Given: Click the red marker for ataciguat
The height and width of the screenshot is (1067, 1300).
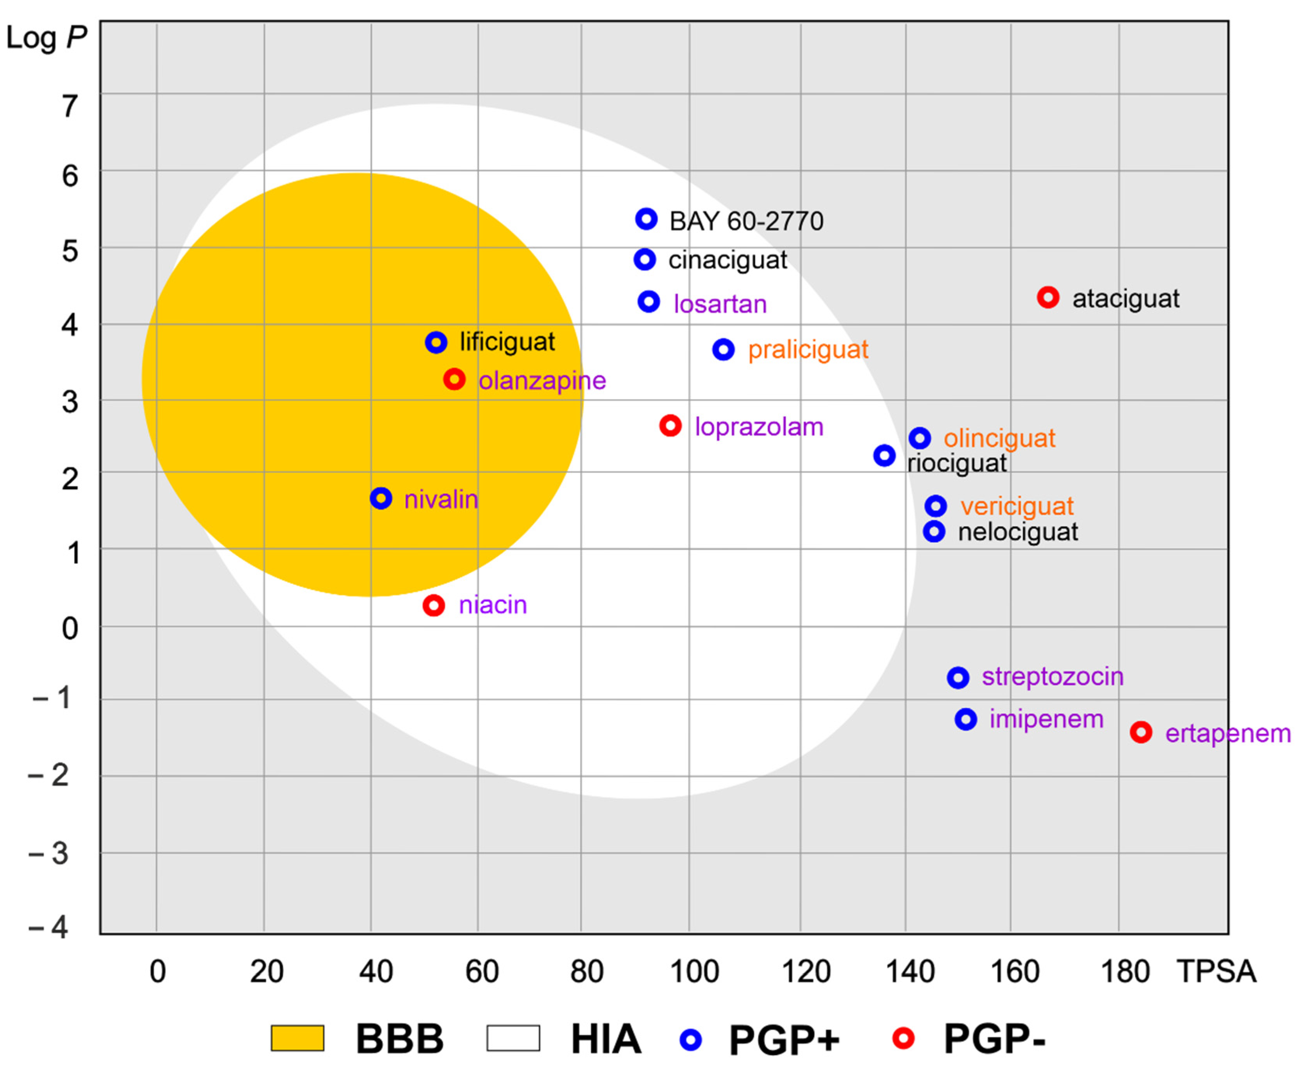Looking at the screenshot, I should [1048, 298].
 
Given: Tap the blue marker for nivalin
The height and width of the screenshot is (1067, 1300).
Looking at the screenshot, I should [381, 498].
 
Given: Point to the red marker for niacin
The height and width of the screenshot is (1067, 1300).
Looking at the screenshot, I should [434, 605].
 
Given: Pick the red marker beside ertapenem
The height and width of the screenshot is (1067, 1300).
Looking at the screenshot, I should [1141, 732].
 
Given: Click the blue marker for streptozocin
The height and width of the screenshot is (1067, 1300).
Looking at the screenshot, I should [958, 677].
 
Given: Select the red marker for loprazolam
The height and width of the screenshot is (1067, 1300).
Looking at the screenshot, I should [671, 425].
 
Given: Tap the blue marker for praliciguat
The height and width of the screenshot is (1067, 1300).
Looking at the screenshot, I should [723, 350].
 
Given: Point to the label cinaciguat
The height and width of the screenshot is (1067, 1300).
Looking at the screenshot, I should [728, 260].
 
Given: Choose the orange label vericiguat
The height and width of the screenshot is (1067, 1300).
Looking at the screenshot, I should [1017, 506].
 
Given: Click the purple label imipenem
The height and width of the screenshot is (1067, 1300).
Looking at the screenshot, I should [1046, 719].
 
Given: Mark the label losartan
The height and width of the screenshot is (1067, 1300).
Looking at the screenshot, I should [720, 304].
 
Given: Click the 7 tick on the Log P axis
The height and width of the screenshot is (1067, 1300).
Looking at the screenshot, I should [70, 106].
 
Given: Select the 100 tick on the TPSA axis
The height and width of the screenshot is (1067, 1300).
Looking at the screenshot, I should [694, 972].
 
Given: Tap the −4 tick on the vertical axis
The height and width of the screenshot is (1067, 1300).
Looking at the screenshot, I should [49, 927].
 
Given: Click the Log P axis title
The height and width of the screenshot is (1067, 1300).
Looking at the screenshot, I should [47, 38].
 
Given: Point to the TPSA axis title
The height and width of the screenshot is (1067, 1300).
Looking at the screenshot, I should [1216, 972].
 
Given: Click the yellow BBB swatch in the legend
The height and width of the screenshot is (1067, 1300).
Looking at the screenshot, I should [298, 1039].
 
